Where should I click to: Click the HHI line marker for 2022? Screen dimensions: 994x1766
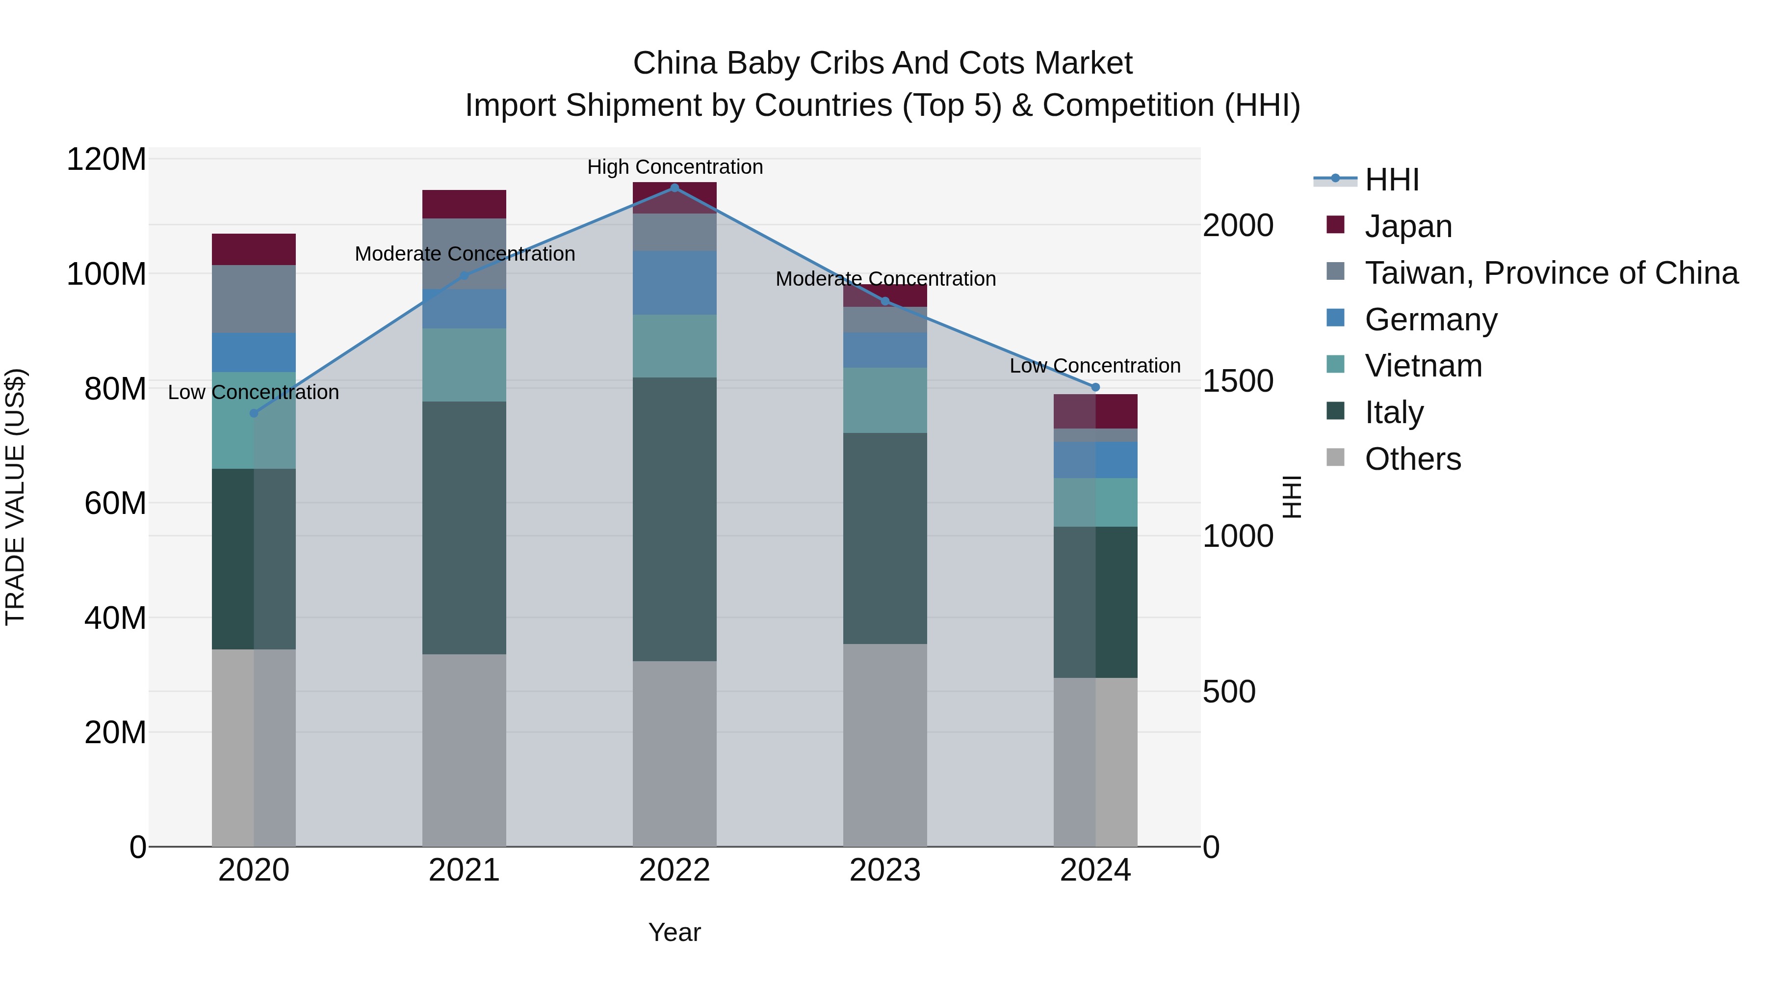click(x=675, y=188)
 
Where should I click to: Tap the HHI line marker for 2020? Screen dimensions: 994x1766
click(x=254, y=413)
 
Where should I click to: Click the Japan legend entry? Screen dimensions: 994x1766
click(x=1408, y=226)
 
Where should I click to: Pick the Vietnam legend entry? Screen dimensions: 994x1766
click(x=1423, y=366)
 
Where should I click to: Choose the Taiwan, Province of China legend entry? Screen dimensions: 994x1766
click(x=1551, y=272)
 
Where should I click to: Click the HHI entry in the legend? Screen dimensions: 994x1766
click(x=1391, y=180)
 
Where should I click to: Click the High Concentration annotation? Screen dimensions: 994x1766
click(x=675, y=167)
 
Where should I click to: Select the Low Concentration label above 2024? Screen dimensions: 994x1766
click(x=1095, y=366)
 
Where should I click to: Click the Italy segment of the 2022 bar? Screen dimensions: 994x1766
click(x=675, y=519)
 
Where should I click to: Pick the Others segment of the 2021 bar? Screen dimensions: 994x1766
click(x=464, y=750)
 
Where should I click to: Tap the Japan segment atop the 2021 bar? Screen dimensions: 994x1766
click(x=464, y=204)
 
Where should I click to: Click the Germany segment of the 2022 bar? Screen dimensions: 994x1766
click(x=675, y=283)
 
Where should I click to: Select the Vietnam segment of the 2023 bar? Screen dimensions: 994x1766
click(x=885, y=401)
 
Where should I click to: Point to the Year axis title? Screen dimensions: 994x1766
click(x=675, y=932)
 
